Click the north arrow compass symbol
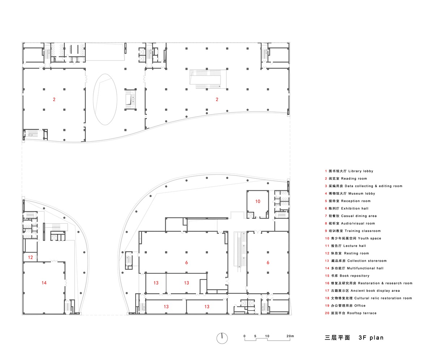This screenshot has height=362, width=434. click(x=222, y=338)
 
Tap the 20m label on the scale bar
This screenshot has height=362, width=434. click(x=290, y=336)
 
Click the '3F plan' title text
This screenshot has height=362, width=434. click(x=371, y=338)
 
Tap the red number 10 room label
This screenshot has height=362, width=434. click(x=258, y=201)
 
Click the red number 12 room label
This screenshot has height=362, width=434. click(x=30, y=257)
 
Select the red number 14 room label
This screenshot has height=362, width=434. click(x=44, y=283)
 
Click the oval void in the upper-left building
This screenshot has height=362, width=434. click(x=105, y=99)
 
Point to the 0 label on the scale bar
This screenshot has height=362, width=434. click(x=244, y=336)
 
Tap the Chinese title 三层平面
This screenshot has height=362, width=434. click(x=337, y=338)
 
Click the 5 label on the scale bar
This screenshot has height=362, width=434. click(x=255, y=336)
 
